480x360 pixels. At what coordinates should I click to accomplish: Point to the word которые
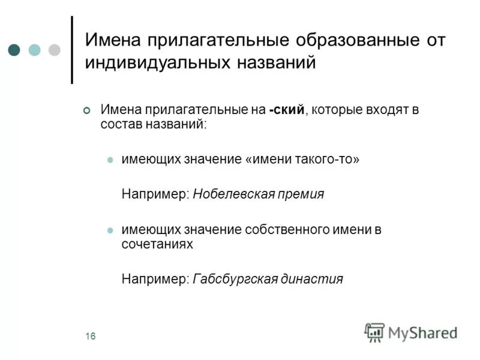coord(338,110)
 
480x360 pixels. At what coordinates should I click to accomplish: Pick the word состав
coord(121,125)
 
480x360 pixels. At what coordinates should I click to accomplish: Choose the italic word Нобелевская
coord(238,194)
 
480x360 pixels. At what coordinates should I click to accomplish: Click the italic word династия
coord(316,279)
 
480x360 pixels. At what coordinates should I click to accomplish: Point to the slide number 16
coord(90,336)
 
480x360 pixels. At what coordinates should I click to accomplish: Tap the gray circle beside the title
coord(54,49)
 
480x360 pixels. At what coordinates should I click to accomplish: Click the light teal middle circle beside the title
coord(35,49)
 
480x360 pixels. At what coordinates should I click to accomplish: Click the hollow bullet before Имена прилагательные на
coord(86,110)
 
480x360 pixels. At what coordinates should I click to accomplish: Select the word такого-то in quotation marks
coord(325,160)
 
